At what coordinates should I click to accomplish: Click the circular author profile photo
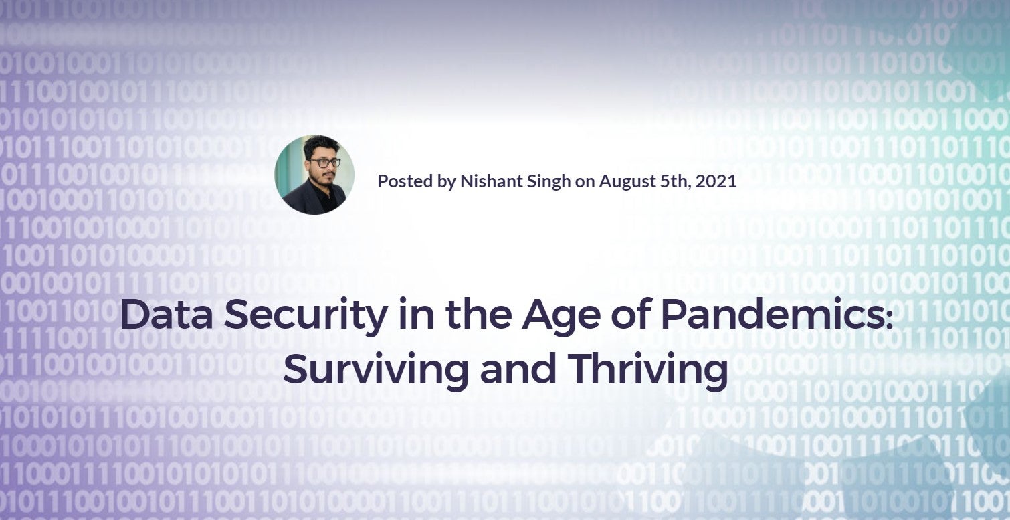[x=314, y=175]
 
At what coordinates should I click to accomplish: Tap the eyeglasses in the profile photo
[x=324, y=163]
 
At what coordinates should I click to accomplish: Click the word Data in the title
[x=166, y=314]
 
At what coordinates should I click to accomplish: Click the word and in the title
[x=518, y=368]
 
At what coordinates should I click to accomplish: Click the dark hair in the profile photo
[x=321, y=145]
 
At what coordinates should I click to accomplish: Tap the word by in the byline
[x=446, y=182]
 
